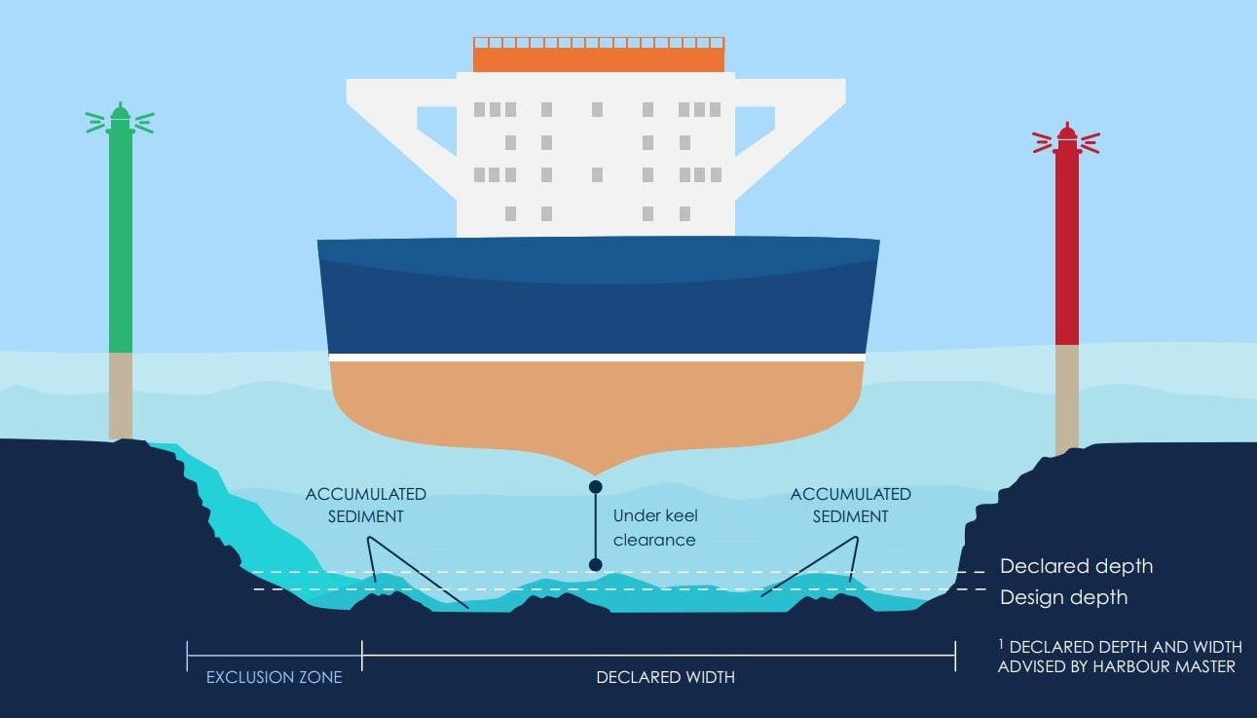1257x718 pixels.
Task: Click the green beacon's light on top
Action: tap(120, 118)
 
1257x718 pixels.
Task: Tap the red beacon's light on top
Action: tap(1067, 139)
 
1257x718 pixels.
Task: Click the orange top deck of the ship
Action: tap(599, 58)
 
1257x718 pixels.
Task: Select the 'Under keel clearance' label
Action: tap(654, 527)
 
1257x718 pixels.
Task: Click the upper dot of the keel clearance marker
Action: tap(596, 486)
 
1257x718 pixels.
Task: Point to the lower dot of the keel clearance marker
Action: tap(596, 564)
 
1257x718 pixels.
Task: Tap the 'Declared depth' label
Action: tap(1076, 566)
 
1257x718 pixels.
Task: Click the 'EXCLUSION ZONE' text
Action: tap(274, 676)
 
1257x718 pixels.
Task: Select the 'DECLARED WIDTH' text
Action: tap(665, 676)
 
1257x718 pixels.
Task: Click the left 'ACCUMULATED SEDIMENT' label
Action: tap(365, 505)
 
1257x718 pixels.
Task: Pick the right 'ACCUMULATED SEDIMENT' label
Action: tap(850, 505)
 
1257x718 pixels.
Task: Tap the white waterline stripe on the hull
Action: tap(597, 358)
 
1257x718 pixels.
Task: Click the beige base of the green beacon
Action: tap(121, 395)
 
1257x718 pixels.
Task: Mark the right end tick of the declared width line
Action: tap(955, 656)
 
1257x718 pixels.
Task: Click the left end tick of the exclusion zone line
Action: tap(187, 656)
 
